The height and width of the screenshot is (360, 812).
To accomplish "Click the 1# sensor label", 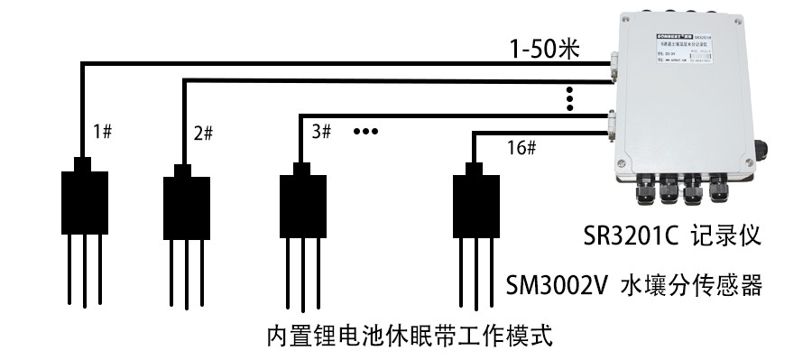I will [102, 132].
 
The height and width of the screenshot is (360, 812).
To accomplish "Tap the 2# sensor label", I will [203, 134].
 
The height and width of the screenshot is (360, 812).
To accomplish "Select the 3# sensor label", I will [321, 131].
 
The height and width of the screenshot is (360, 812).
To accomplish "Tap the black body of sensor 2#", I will [186, 207].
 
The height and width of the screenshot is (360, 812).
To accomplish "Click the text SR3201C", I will [632, 238].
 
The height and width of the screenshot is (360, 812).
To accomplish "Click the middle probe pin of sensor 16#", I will [475, 271].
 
